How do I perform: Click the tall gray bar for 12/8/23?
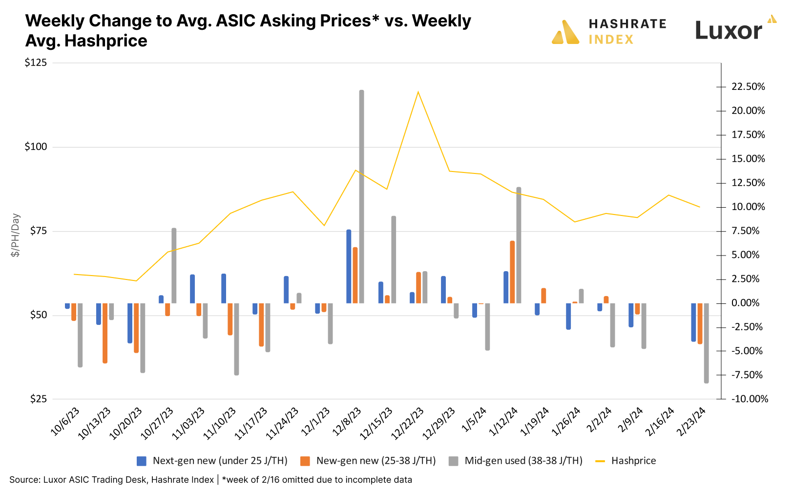[361, 195]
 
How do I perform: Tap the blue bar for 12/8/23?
[349, 266]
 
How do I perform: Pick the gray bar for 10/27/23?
[174, 266]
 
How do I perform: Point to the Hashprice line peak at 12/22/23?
[418, 92]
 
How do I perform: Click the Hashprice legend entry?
[633, 461]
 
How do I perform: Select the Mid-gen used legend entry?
[523, 461]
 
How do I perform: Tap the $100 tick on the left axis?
[36, 147]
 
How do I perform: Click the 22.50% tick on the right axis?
[748, 87]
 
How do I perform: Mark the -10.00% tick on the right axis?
[750, 399]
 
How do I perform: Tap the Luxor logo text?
[728, 31]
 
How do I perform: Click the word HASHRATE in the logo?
[627, 24]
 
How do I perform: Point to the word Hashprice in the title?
[106, 41]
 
